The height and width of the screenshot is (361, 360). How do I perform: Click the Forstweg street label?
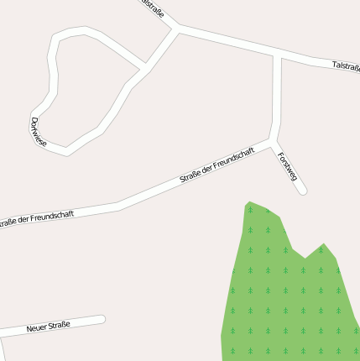tap(287, 165)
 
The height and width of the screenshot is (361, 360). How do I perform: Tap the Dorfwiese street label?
tap(38, 133)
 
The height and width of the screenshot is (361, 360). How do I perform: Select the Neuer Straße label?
tap(48, 326)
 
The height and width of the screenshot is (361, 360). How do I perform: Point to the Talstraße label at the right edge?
tap(345, 65)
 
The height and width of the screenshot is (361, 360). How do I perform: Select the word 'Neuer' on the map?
tap(36, 327)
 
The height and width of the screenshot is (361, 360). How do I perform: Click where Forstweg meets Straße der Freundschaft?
tap(273, 142)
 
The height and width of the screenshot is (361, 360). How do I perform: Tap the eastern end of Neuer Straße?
tap(102, 319)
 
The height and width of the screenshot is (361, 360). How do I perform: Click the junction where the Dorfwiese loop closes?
tap(144, 66)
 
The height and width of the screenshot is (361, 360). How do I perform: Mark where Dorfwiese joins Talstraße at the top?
tap(176, 29)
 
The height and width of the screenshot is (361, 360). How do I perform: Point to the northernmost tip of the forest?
tap(248, 203)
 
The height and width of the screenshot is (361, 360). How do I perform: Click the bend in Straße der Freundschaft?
tap(117, 204)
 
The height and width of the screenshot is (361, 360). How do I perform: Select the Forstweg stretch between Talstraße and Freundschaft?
tap(276, 97)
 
